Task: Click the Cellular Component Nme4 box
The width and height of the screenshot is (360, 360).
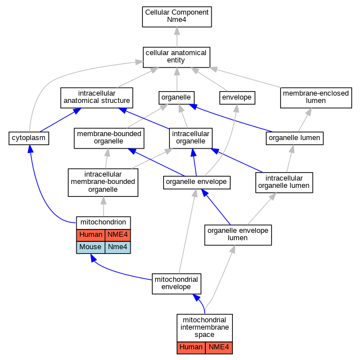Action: tap(177, 17)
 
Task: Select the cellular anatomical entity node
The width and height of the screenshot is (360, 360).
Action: tap(176, 57)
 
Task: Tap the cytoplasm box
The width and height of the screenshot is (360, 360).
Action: tap(29, 138)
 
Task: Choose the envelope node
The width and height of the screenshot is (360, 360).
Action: tap(237, 98)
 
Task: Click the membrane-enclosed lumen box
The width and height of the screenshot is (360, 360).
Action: tap(316, 98)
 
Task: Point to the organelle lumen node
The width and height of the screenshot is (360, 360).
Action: tap(295, 138)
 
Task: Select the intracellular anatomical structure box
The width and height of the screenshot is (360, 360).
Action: tap(97, 98)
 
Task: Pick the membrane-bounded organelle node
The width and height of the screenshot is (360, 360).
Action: tap(109, 138)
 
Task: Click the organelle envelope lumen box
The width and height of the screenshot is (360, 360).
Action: tap(238, 235)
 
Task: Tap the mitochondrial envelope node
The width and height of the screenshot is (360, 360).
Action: tap(176, 283)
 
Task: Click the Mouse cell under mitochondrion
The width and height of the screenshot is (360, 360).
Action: tap(91, 247)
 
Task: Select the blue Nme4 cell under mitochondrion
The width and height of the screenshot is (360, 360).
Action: tap(118, 247)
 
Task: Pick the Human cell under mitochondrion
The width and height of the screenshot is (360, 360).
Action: tap(91, 235)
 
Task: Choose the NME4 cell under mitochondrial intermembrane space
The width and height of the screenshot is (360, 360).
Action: tap(219, 348)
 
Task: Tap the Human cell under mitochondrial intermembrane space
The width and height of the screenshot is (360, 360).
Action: tap(191, 348)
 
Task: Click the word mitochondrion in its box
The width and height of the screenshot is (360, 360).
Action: tap(103, 222)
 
